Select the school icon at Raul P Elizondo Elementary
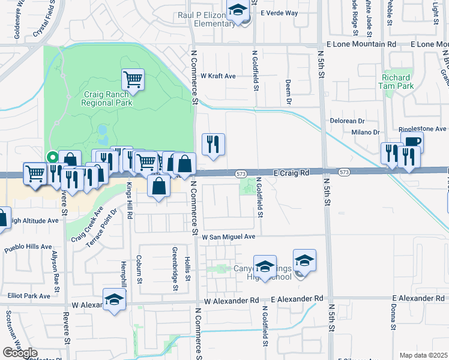pyautogui.click(x=238, y=11)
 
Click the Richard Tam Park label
pyautogui.click(x=396, y=82)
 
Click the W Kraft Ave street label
pyautogui.click(x=218, y=76)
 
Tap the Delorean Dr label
pyautogui.click(x=348, y=121)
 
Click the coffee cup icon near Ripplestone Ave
pyautogui.click(x=412, y=142)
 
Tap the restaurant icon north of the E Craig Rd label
pyautogui.click(x=214, y=144)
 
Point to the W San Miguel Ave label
pyautogui.click(x=228, y=236)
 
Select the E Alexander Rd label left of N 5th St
pyautogui.click(x=297, y=298)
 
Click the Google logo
pyautogui.click(x=19, y=352)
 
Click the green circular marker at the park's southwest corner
pyautogui.click(x=53, y=157)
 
